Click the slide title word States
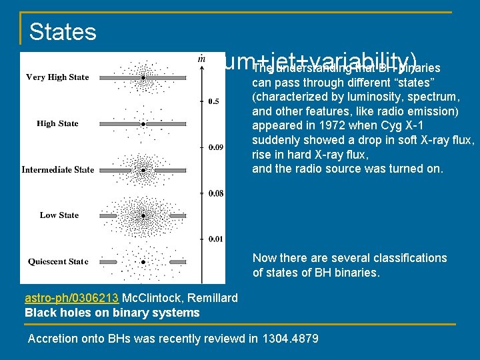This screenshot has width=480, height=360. pos(63,31)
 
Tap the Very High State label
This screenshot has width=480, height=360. pos(57,77)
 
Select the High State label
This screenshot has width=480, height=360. pos(57,123)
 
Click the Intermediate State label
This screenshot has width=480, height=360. pos(58,169)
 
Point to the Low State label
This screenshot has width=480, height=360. pos(59,215)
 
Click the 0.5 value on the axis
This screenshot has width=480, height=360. pos(214,101)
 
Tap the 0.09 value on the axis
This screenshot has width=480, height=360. pos(216,147)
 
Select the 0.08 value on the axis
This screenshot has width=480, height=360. pos(216,193)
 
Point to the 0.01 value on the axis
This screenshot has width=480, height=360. pos(216,239)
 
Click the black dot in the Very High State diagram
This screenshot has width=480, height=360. pos(143,78)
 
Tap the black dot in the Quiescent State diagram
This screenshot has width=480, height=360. pos(143,263)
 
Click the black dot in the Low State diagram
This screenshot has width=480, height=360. pos(143,216)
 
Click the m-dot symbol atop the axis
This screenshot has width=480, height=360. pos(201,59)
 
